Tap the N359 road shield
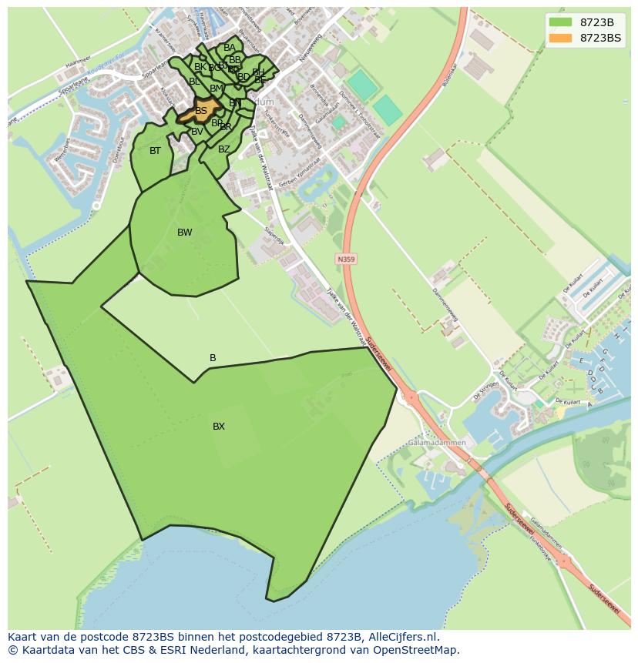346,260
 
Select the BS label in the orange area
201,111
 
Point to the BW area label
185,233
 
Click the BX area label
219,427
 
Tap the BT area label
156,151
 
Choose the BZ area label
223,149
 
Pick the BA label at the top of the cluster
230,48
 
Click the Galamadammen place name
437,444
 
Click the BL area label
194,82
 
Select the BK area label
200,67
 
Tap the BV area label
197,132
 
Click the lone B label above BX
213,358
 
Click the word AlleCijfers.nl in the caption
401,638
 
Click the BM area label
216,89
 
